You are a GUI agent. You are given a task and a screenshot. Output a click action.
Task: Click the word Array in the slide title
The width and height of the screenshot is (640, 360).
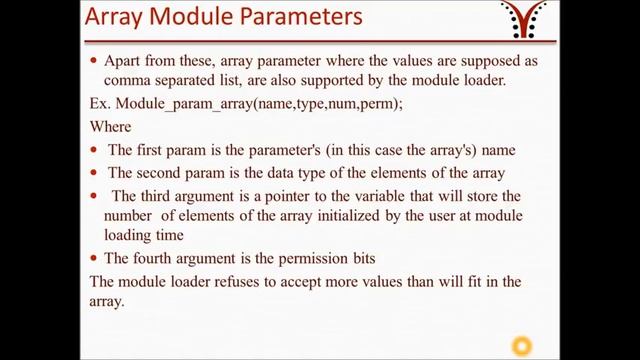coord(121,19)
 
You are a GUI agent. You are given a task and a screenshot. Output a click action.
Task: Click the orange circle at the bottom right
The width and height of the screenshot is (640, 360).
coord(520,347)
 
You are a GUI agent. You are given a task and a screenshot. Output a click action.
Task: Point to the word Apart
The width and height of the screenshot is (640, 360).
coord(128,61)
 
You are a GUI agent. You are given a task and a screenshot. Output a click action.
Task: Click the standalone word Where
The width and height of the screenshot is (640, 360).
coord(111,127)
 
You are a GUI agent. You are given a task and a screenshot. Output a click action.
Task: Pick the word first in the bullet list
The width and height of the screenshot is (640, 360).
coord(153,150)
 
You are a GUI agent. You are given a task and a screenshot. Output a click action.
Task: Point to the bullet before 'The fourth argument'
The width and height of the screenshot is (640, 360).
coord(94,259)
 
